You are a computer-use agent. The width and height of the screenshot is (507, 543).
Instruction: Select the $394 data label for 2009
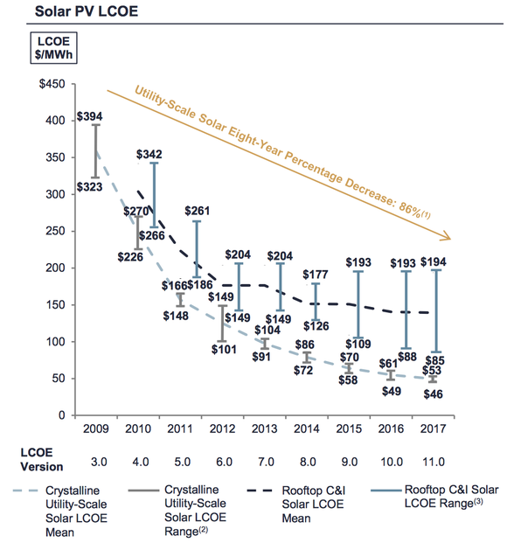[89, 115]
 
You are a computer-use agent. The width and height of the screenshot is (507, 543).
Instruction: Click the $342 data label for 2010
[149, 154]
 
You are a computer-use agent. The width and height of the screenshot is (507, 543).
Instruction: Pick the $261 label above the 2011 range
[197, 212]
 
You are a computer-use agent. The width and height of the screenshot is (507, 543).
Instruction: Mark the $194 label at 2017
[434, 261]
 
